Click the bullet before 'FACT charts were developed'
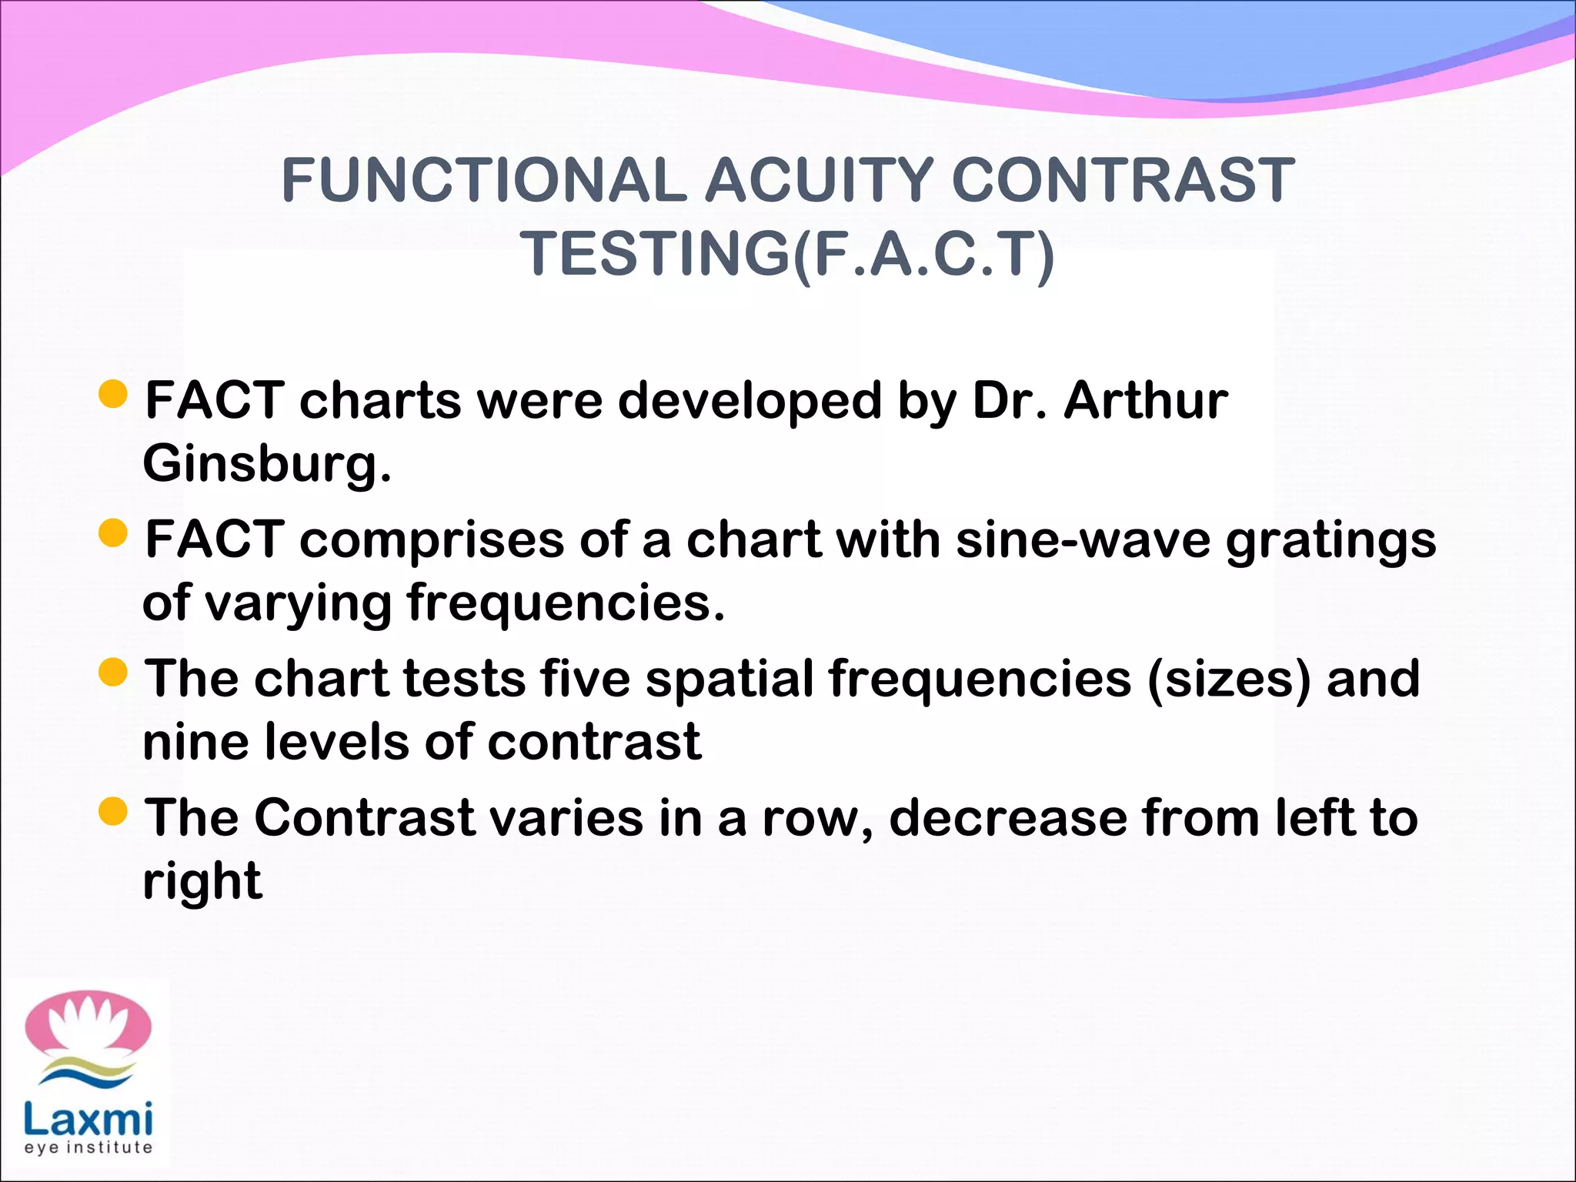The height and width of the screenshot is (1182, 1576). (x=113, y=394)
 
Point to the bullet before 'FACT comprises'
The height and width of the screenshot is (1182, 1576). (x=113, y=533)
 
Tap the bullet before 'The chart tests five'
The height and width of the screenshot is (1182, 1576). (x=113, y=672)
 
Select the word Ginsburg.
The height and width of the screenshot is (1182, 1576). (x=266, y=465)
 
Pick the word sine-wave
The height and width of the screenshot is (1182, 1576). (x=1083, y=539)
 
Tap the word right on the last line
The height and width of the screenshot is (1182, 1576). (x=202, y=882)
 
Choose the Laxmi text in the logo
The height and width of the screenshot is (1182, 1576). (x=88, y=1119)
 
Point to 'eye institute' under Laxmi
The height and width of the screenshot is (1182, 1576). (x=88, y=1147)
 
